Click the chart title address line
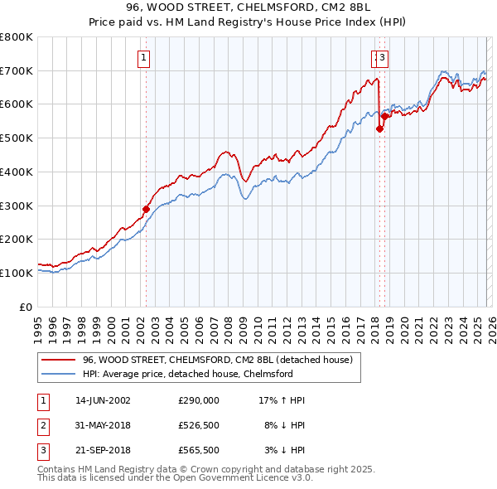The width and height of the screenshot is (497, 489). pos(248,7)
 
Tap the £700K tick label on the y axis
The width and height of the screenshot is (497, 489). pos(17,70)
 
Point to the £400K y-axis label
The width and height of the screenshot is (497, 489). pos(17,172)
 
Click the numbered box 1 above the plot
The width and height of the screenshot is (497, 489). pos(144,57)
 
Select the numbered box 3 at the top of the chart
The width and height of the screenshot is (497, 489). pos(385,57)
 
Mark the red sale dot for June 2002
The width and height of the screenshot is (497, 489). pos(147,209)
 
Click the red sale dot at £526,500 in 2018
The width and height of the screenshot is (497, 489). pos(379,128)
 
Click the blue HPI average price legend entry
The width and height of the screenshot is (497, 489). pos(187,374)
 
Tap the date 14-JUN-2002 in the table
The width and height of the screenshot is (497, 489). pos(103,400)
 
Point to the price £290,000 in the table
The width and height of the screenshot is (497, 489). pos(199,400)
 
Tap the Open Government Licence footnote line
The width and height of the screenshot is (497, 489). pos(176,479)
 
